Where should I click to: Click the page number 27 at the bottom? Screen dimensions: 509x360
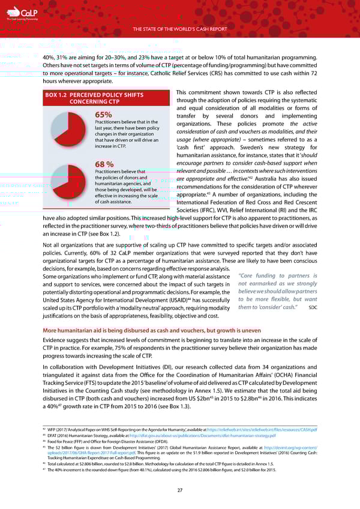coord(180,490)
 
